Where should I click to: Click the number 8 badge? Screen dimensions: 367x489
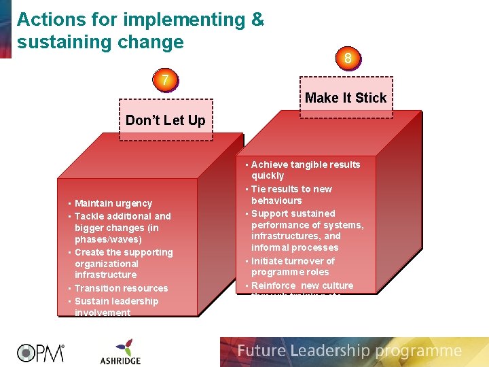pyautogui.click(x=348, y=58)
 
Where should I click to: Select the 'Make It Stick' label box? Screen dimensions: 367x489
pyautogui.click(x=346, y=98)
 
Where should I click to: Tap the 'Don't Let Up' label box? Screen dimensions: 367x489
pyautogui.click(x=165, y=121)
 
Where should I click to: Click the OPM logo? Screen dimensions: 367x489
pyautogui.click(x=41, y=352)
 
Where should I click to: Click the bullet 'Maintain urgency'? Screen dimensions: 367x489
pyautogui.click(x=113, y=203)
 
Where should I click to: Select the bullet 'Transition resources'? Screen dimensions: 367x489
pyautogui.click(x=121, y=288)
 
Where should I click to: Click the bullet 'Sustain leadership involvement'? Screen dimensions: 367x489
pyautogui.click(x=116, y=307)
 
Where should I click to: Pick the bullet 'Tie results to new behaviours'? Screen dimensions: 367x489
pyautogui.click(x=291, y=194)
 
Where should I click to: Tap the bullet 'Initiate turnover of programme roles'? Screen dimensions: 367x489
pyautogui.click(x=293, y=266)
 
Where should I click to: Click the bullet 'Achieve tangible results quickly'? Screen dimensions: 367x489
pyautogui.click(x=305, y=170)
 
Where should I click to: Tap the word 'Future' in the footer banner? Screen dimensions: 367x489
pyautogui.click(x=261, y=351)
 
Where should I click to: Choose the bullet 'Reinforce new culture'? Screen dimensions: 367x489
pyautogui.click(x=302, y=285)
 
